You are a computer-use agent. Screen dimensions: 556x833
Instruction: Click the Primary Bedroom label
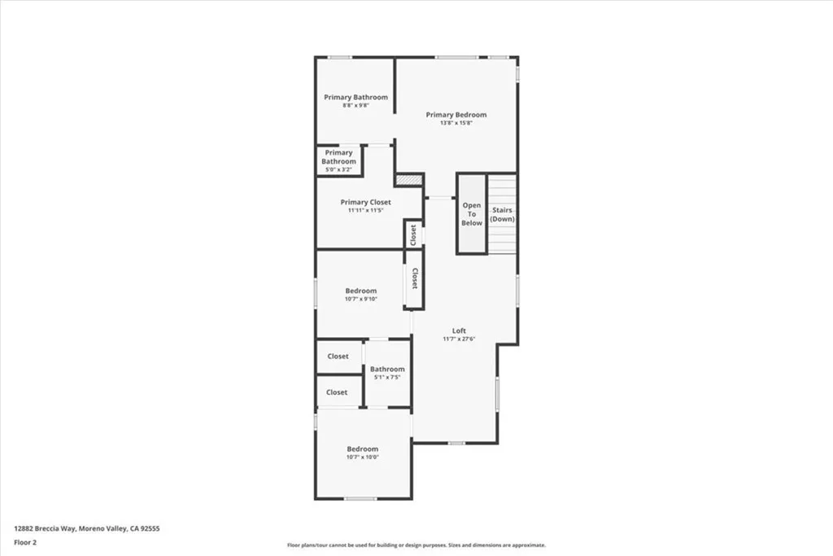pos(456,115)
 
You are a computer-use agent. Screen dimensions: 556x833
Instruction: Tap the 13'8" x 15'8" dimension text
pos(456,124)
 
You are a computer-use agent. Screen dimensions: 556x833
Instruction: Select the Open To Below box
pos(472,214)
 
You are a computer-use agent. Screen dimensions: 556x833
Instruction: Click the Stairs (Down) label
pos(503,214)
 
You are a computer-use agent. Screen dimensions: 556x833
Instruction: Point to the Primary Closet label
pos(365,202)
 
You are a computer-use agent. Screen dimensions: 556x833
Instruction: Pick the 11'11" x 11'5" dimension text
pos(365,211)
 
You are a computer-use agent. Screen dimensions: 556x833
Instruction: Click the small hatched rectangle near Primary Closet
pos(409,179)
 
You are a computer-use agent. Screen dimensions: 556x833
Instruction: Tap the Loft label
pos(460,331)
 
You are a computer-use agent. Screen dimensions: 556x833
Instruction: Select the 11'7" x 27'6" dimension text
pos(460,339)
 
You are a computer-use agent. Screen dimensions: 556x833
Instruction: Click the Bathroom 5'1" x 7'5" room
pos(387,374)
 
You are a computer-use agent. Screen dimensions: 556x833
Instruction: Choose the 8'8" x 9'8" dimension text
pos(355,106)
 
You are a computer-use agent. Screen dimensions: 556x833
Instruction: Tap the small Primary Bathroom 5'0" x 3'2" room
pos(339,160)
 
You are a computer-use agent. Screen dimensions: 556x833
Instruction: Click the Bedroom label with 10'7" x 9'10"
pos(361,291)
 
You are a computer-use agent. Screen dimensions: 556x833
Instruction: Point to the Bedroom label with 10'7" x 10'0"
pos(363,449)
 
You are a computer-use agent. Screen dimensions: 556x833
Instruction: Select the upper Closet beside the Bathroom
pos(338,357)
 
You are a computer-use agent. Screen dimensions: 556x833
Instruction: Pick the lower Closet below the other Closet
pos(337,392)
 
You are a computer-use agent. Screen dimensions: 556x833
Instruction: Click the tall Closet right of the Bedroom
pos(414,278)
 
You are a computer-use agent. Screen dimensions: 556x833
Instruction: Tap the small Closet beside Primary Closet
pos(413,234)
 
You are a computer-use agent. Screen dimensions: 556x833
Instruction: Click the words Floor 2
pos(25,541)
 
